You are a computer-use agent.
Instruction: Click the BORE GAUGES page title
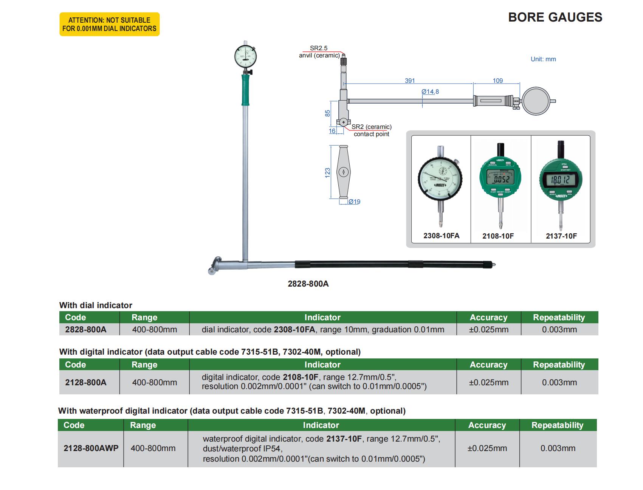tap(555, 17)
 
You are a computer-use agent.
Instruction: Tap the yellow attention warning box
tap(109, 24)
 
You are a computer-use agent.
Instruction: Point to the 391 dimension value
tap(410, 81)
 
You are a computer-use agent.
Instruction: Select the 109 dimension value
tap(498, 81)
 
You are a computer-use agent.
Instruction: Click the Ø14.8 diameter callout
tap(430, 91)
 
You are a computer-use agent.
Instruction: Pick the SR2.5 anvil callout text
tap(319, 48)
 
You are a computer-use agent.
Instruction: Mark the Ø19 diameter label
tap(354, 202)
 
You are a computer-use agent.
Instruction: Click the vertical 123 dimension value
tap(328, 172)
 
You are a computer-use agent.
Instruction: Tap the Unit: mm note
tap(543, 59)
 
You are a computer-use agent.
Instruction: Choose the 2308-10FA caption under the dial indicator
tap(441, 236)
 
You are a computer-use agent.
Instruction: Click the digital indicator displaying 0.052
tap(500, 179)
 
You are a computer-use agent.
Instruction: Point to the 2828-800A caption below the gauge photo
tap(308, 284)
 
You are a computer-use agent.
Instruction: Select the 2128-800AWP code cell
tap(91, 448)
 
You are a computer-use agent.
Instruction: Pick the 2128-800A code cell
tap(86, 383)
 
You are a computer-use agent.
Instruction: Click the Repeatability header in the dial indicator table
tap(559, 318)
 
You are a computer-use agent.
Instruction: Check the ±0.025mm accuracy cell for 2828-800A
tap(488, 330)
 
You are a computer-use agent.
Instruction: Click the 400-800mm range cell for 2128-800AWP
tap(153, 448)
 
